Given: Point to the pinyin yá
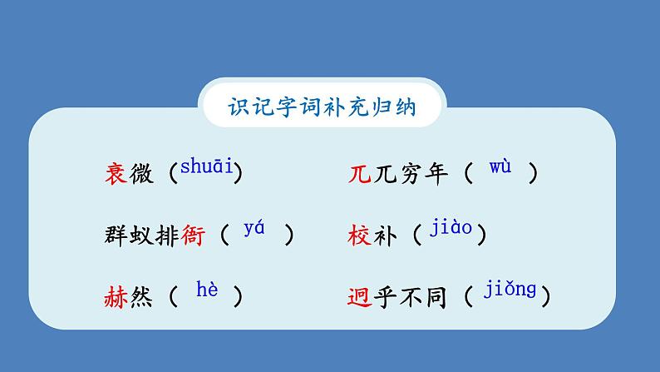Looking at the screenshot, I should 254,229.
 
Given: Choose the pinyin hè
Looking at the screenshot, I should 206,290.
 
